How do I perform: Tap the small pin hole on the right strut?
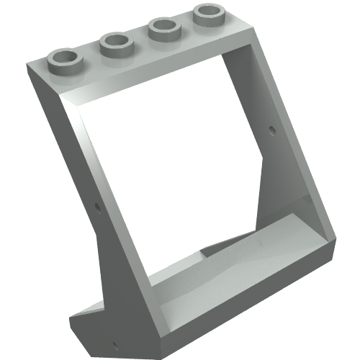point(271,130)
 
